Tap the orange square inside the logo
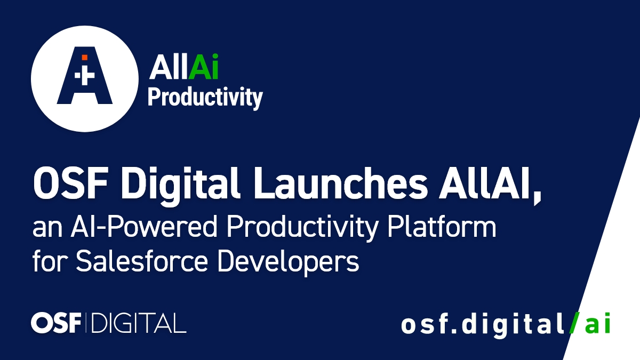(x=84, y=57)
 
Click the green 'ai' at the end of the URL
(x=597, y=324)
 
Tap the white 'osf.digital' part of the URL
(x=483, y=324)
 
